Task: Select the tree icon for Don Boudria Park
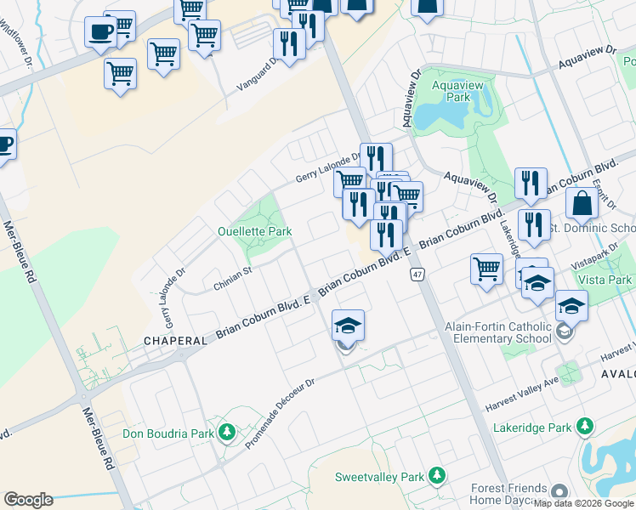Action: pyautogui.click(x=226, y=433)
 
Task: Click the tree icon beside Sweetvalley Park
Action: pyautogui.click(x=436, y=475)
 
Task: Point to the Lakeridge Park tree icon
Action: pyautogui.click(x=584, y=427)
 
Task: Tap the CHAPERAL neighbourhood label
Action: pyautogui.click(x=175, y=340)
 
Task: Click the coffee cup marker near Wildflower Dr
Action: pyautogui.click(x=100, y=32)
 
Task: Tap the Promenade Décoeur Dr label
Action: pyautogui.click(x=280, y=413)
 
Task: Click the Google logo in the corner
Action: pyautogui.click(x=28, y=500)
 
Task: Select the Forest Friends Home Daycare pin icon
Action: pyautogui.click(x=559, y=492)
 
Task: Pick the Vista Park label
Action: pyautogui.click(x=605, y=280)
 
